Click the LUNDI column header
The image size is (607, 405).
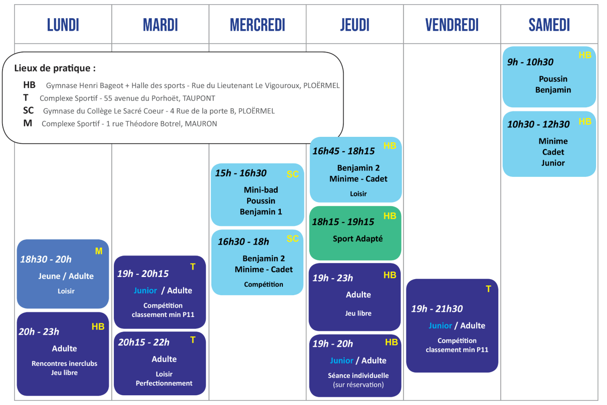pos(63,25)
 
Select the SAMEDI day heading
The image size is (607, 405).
pos(549,25)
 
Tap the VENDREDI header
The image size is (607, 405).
pos(452,25)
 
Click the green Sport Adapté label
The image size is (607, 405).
pos(358,239)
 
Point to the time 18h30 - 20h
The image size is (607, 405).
pos(46,259)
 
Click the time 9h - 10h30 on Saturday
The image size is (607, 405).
pos(530,62)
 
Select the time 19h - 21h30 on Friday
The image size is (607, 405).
pos(437,309)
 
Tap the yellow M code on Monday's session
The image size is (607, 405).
pos(99,251)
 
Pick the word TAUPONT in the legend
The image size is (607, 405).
pos(199,99)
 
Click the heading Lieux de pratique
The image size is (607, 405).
pos(55,68)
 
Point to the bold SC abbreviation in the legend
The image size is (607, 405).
pos(28,111)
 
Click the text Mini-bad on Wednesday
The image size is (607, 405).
pos(261,190)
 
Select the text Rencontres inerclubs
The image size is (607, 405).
pos(64,364)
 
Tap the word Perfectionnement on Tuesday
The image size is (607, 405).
pos(164,384)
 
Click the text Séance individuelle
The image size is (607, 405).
pos(358,376)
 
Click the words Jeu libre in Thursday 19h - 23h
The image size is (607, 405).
pos(358,313)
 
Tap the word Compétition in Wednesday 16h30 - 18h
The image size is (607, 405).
pos(263,285)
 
